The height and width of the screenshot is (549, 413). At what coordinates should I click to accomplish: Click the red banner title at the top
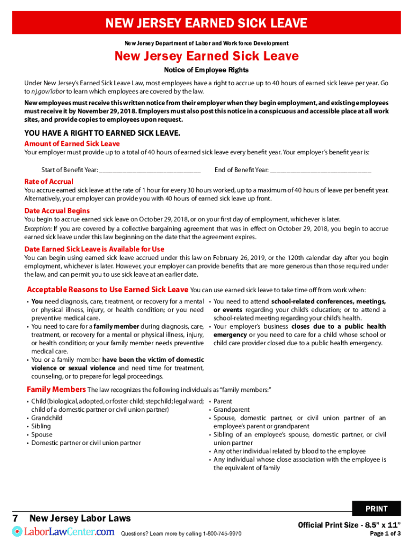(206, 23)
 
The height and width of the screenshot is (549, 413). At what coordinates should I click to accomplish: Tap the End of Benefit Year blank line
(320, 170)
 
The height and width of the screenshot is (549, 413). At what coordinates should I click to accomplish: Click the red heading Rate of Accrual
(49, 181)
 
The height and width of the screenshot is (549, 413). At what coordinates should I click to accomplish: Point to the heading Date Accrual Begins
(57, 211)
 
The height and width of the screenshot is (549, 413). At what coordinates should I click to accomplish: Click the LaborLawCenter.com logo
(63, 531)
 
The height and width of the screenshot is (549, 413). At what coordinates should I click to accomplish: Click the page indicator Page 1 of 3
(385, 533)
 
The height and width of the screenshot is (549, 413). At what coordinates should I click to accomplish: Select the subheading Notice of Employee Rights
(206, 70)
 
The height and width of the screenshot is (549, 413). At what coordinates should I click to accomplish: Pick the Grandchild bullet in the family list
(47, 418)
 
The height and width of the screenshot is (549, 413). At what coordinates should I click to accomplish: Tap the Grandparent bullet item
(231, 410)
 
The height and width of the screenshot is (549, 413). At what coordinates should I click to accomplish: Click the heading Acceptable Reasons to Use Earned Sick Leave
(107, 290)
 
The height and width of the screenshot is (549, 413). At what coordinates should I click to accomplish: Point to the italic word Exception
(38, 228)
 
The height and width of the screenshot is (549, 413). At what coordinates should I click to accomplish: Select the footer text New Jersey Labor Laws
(80, 518)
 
